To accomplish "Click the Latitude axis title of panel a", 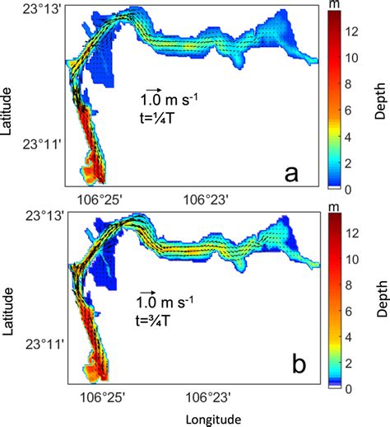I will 9,97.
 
